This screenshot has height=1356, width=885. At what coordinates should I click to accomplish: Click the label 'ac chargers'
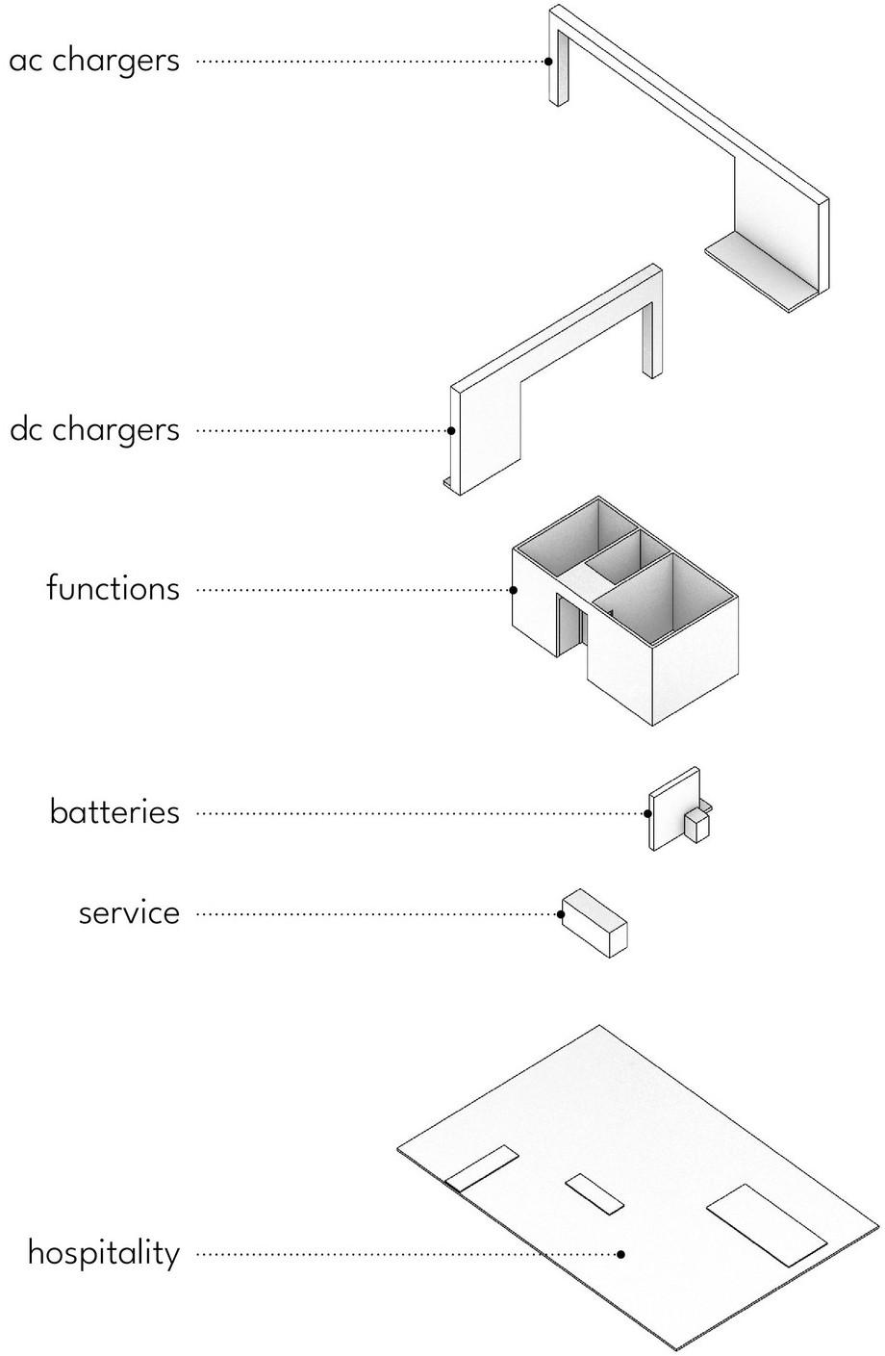tap(94, 61)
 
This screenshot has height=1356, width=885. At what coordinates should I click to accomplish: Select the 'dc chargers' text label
tap(94, 429)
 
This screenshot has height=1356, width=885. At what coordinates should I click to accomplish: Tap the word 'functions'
tap(113, 587)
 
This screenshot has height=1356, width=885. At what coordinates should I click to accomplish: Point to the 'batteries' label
tap(114, 811)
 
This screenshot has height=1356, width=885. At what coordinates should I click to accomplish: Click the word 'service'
tap(129, 912)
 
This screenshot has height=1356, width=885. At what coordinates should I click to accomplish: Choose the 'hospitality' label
tap(103, 1253)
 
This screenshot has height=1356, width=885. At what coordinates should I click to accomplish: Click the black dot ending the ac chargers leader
tap(548, 61)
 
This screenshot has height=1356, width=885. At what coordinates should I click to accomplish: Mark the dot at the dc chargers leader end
tap(450, 430)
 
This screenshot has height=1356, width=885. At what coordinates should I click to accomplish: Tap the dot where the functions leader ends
tap(513, 589)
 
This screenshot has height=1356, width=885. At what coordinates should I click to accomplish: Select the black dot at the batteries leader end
tap(648, 813)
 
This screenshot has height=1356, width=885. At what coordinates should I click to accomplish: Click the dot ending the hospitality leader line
tap(621, 1254)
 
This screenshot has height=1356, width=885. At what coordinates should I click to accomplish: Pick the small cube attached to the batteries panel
tap(697, 825)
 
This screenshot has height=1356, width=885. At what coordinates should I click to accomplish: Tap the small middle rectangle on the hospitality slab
tap(594, 1194)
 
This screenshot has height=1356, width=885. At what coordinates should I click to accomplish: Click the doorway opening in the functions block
tap(570, 626)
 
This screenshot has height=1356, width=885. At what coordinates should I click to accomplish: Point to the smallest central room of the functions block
tap(616, 561)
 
